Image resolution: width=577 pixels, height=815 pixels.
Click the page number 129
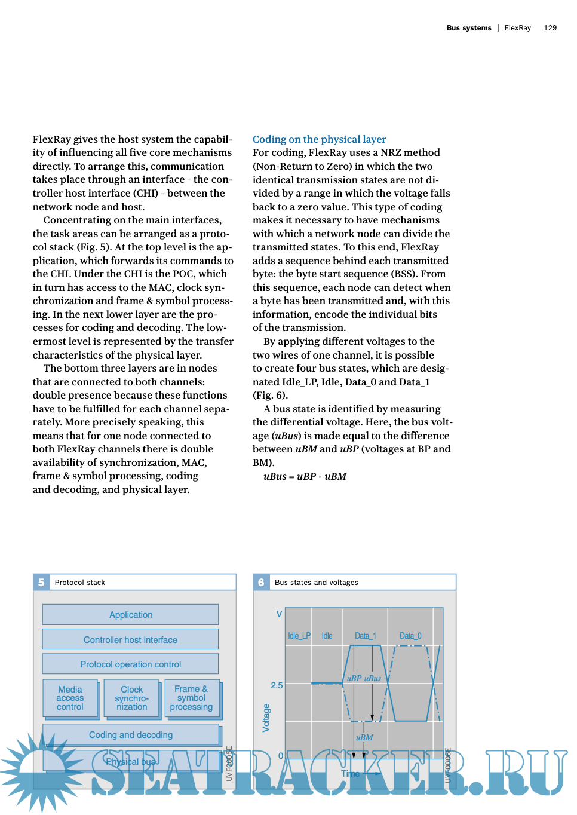pos(550,28)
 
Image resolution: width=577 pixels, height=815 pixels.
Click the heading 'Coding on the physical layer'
pos(319,139)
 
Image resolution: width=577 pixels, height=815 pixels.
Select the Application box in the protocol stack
pos(130,614)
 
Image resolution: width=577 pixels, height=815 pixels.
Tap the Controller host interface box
pos(130,639)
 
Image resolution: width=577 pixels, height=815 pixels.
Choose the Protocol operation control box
pos(130,664)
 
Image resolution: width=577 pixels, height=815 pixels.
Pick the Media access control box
pos(70,698)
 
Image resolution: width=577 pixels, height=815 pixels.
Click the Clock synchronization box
pos(131,698)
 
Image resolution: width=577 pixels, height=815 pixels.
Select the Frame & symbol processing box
pos(191,698)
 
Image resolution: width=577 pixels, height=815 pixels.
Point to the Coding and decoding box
pos(130,734)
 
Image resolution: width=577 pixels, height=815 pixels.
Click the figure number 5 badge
pos(41,582)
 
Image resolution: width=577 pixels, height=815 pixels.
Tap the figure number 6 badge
pos(261,582)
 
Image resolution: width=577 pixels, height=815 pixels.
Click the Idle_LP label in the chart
pos(299,636)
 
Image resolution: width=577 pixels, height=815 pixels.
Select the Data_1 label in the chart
pos(365,636)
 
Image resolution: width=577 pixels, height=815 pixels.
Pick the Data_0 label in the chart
pos(410,636)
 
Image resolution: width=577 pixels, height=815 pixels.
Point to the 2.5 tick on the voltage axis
pos(277,685)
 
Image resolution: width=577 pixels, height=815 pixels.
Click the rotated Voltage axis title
pos(266,718)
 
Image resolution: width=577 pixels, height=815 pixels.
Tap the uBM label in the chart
pos(364,737)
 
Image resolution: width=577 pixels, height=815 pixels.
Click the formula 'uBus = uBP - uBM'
pos(305,476)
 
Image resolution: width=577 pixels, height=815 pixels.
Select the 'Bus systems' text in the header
pos(469,28)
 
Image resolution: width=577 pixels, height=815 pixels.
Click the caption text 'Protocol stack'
pos(79,583)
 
